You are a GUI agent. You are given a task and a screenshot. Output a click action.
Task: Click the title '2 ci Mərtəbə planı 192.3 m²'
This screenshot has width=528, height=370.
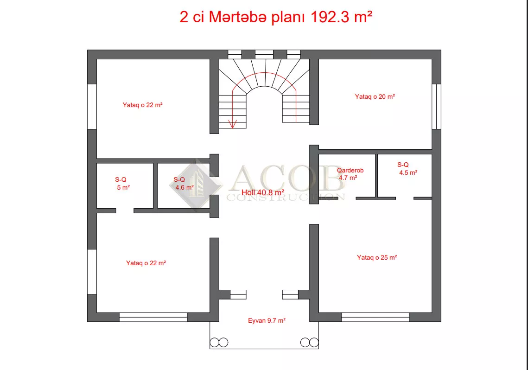coord(276,17)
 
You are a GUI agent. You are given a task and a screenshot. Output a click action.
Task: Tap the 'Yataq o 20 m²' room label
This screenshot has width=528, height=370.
coord(375,96)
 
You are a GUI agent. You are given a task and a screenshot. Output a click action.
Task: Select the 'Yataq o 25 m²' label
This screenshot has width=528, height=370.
coord(377,257)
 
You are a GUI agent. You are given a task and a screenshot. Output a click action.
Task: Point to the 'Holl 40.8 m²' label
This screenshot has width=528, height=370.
coord(263,192)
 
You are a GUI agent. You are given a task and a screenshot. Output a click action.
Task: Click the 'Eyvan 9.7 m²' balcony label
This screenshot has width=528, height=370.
coord(267,320)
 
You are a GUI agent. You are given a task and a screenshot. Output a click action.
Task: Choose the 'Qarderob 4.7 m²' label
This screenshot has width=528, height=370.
coord(350,174)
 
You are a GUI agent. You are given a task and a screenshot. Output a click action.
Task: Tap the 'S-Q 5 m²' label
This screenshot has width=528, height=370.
coord(122,184)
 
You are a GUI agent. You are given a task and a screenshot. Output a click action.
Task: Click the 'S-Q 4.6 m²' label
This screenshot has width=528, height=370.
coord(184,184)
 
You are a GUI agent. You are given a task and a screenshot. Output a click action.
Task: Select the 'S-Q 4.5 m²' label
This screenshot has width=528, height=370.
coord(407,169)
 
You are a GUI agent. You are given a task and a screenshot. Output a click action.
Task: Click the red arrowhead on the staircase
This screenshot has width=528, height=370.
coord(232,124)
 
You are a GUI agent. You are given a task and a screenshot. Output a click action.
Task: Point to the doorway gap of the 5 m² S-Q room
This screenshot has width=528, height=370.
coord(125,211)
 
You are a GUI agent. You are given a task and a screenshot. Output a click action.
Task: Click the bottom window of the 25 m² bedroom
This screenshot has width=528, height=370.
coord(375,317)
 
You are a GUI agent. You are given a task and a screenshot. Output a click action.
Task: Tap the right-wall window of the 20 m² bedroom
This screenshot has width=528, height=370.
coord(436,106)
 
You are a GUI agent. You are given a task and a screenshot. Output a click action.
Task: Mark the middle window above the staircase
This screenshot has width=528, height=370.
coord(264,55)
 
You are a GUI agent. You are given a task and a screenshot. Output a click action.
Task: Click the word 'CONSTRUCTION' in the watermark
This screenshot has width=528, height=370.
coord(286,198)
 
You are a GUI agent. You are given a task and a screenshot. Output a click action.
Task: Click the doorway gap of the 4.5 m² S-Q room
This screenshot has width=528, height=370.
coord(405,198)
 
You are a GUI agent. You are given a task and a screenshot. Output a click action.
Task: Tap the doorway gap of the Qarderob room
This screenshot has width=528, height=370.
coord(347,198)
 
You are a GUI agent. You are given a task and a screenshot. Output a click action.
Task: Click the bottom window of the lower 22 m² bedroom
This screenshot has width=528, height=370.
coord(153,317)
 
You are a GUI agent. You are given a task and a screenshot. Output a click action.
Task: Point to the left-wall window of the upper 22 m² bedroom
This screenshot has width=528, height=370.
coord(92,106)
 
